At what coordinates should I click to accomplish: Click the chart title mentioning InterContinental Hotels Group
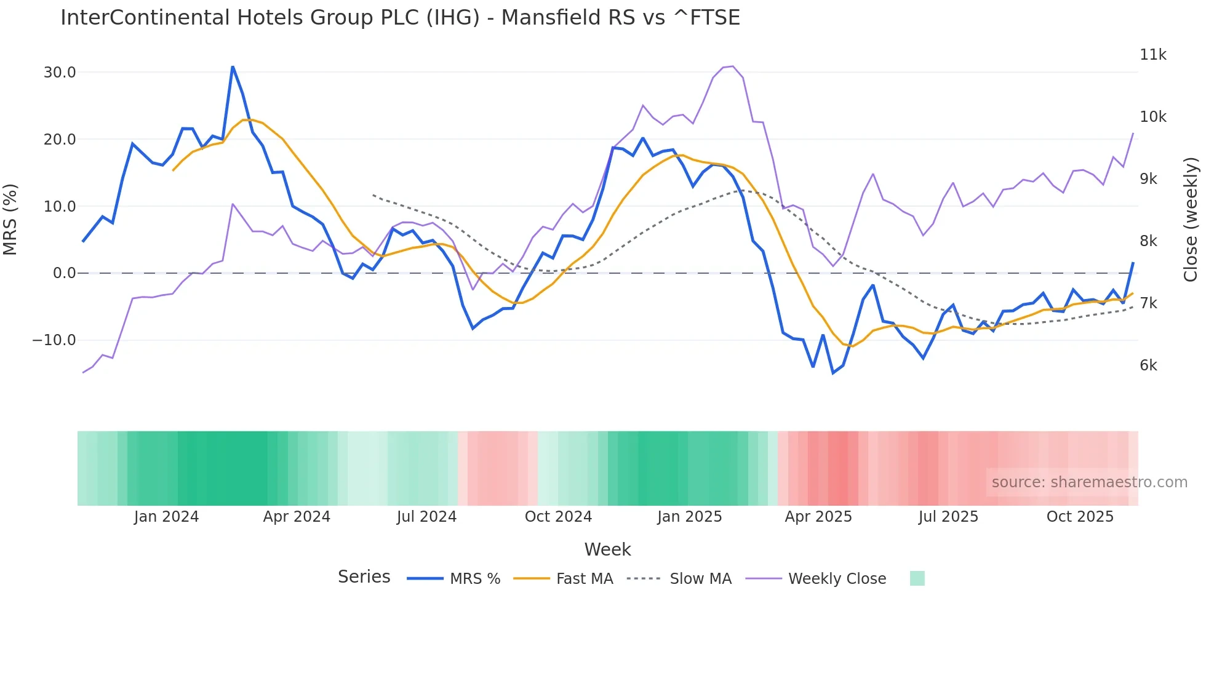400,17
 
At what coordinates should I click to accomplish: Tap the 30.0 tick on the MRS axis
60,73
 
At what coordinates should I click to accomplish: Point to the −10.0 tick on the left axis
54,340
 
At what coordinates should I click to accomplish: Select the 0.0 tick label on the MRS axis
64,273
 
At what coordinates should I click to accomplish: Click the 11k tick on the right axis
1152,55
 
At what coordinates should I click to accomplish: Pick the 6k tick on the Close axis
1148,365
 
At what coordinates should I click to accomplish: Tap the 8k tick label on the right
1148,241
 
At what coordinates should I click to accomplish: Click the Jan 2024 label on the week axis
166,517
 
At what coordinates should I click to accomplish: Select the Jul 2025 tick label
948,517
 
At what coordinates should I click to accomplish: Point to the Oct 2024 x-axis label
558,517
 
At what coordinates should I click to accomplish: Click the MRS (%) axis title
10,219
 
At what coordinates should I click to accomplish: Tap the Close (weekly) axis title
1191,219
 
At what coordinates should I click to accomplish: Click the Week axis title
607,549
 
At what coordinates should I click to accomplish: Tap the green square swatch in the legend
917,578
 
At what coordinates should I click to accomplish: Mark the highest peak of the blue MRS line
233,66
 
